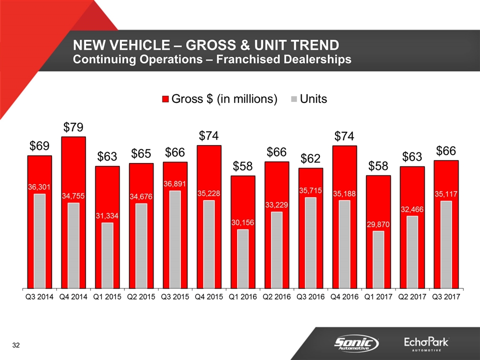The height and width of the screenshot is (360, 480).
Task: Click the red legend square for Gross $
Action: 165,99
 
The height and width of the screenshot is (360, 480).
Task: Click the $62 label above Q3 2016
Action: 310,158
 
